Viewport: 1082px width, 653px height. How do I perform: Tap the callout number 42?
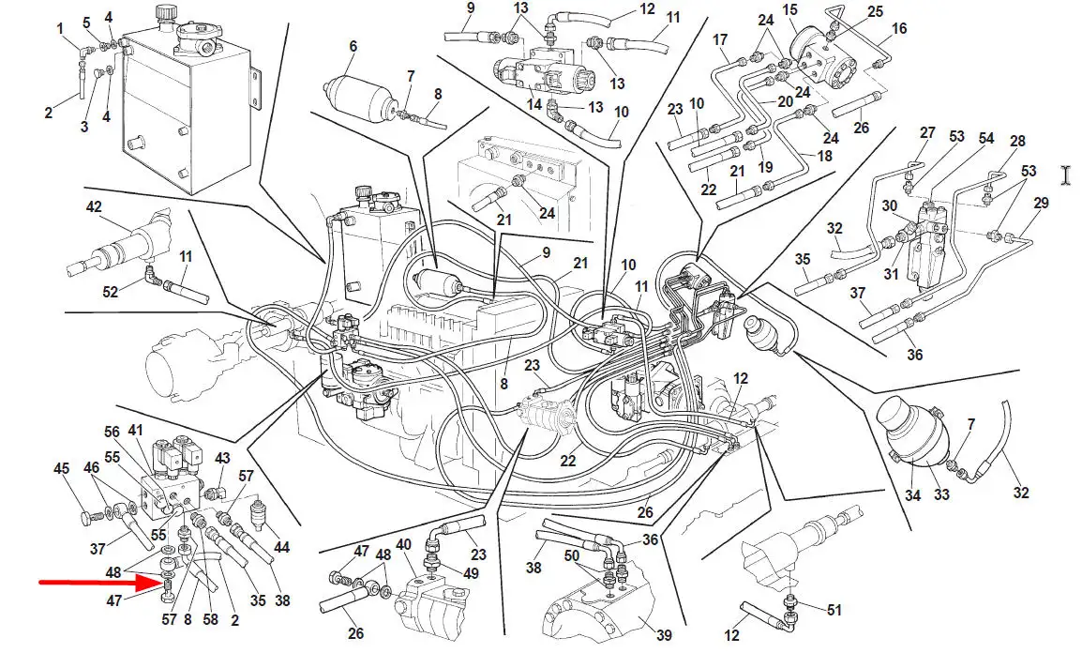(x=93, y=207)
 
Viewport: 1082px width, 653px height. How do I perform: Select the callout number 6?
(x=353, y=46)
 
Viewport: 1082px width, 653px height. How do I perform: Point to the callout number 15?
(x=789, y=9)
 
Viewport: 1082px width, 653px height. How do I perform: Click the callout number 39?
(x=664, y=635)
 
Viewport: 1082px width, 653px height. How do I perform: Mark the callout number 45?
(x=61, y=469)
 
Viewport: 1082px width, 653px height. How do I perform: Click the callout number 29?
(x=1041, y=204)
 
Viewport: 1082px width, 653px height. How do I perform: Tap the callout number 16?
(x=899, y=29)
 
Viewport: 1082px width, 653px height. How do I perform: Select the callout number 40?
(x=404, y=544)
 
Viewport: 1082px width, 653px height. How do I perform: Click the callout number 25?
(x=875, y=11)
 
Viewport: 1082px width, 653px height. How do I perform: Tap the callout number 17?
(x=720, y=39)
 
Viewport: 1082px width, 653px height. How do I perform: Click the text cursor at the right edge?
(x=1065, y=175)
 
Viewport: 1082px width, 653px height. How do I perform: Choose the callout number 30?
(x=889, y=205)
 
